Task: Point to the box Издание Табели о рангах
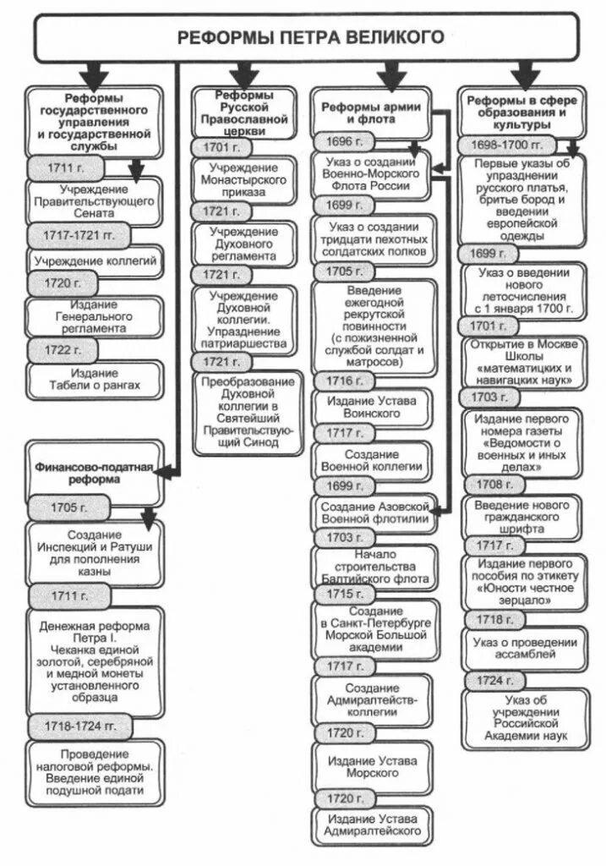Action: tap(94, 379)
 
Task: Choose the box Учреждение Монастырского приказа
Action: tap(243, 179)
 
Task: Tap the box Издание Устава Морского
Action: tap(373, 766)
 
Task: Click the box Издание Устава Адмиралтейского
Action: tap(373, 826)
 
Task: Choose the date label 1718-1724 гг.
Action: tap(75, 726)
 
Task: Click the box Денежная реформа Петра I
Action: tap(95, 660)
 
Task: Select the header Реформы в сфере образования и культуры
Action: tap(523, 112)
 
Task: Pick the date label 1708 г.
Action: tap(488, 485)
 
